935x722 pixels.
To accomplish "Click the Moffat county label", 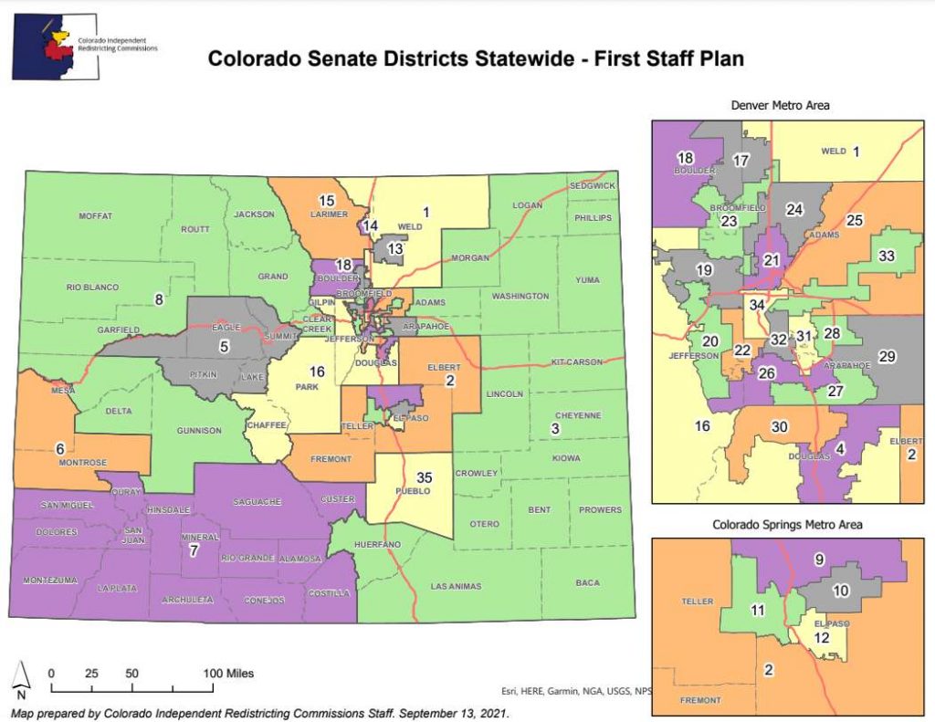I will [x=95, y=216].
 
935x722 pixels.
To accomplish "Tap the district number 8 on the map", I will [x=158, y=298].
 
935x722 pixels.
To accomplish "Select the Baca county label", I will [x=588, y=582].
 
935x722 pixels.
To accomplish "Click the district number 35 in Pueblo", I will [x=424, y=477].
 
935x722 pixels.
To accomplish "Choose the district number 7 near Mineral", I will [x=193, y=551].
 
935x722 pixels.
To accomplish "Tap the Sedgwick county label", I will [x=592, y=186].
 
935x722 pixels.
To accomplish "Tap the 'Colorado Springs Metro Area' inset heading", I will [x=787, y=525].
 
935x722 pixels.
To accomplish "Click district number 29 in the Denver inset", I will [x=888, y=356].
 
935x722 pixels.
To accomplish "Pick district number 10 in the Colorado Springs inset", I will [x=841, y=591].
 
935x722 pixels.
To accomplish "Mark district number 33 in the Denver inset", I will [x=886, y=256].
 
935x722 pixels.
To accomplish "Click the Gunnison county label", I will [x=200, y=430].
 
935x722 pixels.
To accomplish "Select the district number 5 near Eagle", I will [x=223, y=346].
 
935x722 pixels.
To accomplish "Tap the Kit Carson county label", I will [x=576, y=362].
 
